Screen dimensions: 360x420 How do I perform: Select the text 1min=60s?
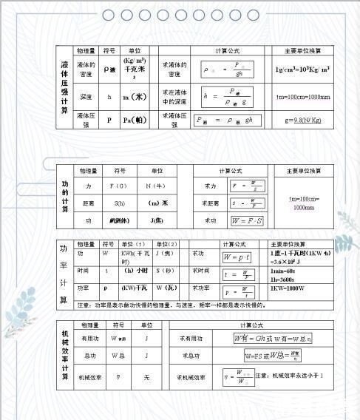coord(284,271)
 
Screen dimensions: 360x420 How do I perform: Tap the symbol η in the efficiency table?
coord(118,377)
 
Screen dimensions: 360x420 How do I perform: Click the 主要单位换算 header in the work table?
coord(304,171)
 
